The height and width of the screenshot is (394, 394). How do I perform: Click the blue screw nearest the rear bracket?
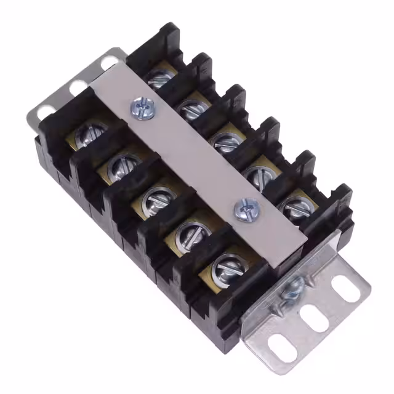point(140,108)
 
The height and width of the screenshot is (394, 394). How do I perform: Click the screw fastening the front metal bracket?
point(292,287)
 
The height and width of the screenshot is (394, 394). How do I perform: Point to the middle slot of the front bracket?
point(315,320)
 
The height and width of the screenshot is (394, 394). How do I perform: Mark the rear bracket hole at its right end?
point(109,62)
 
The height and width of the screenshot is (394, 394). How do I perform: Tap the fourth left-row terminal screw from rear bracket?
point(187,232)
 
